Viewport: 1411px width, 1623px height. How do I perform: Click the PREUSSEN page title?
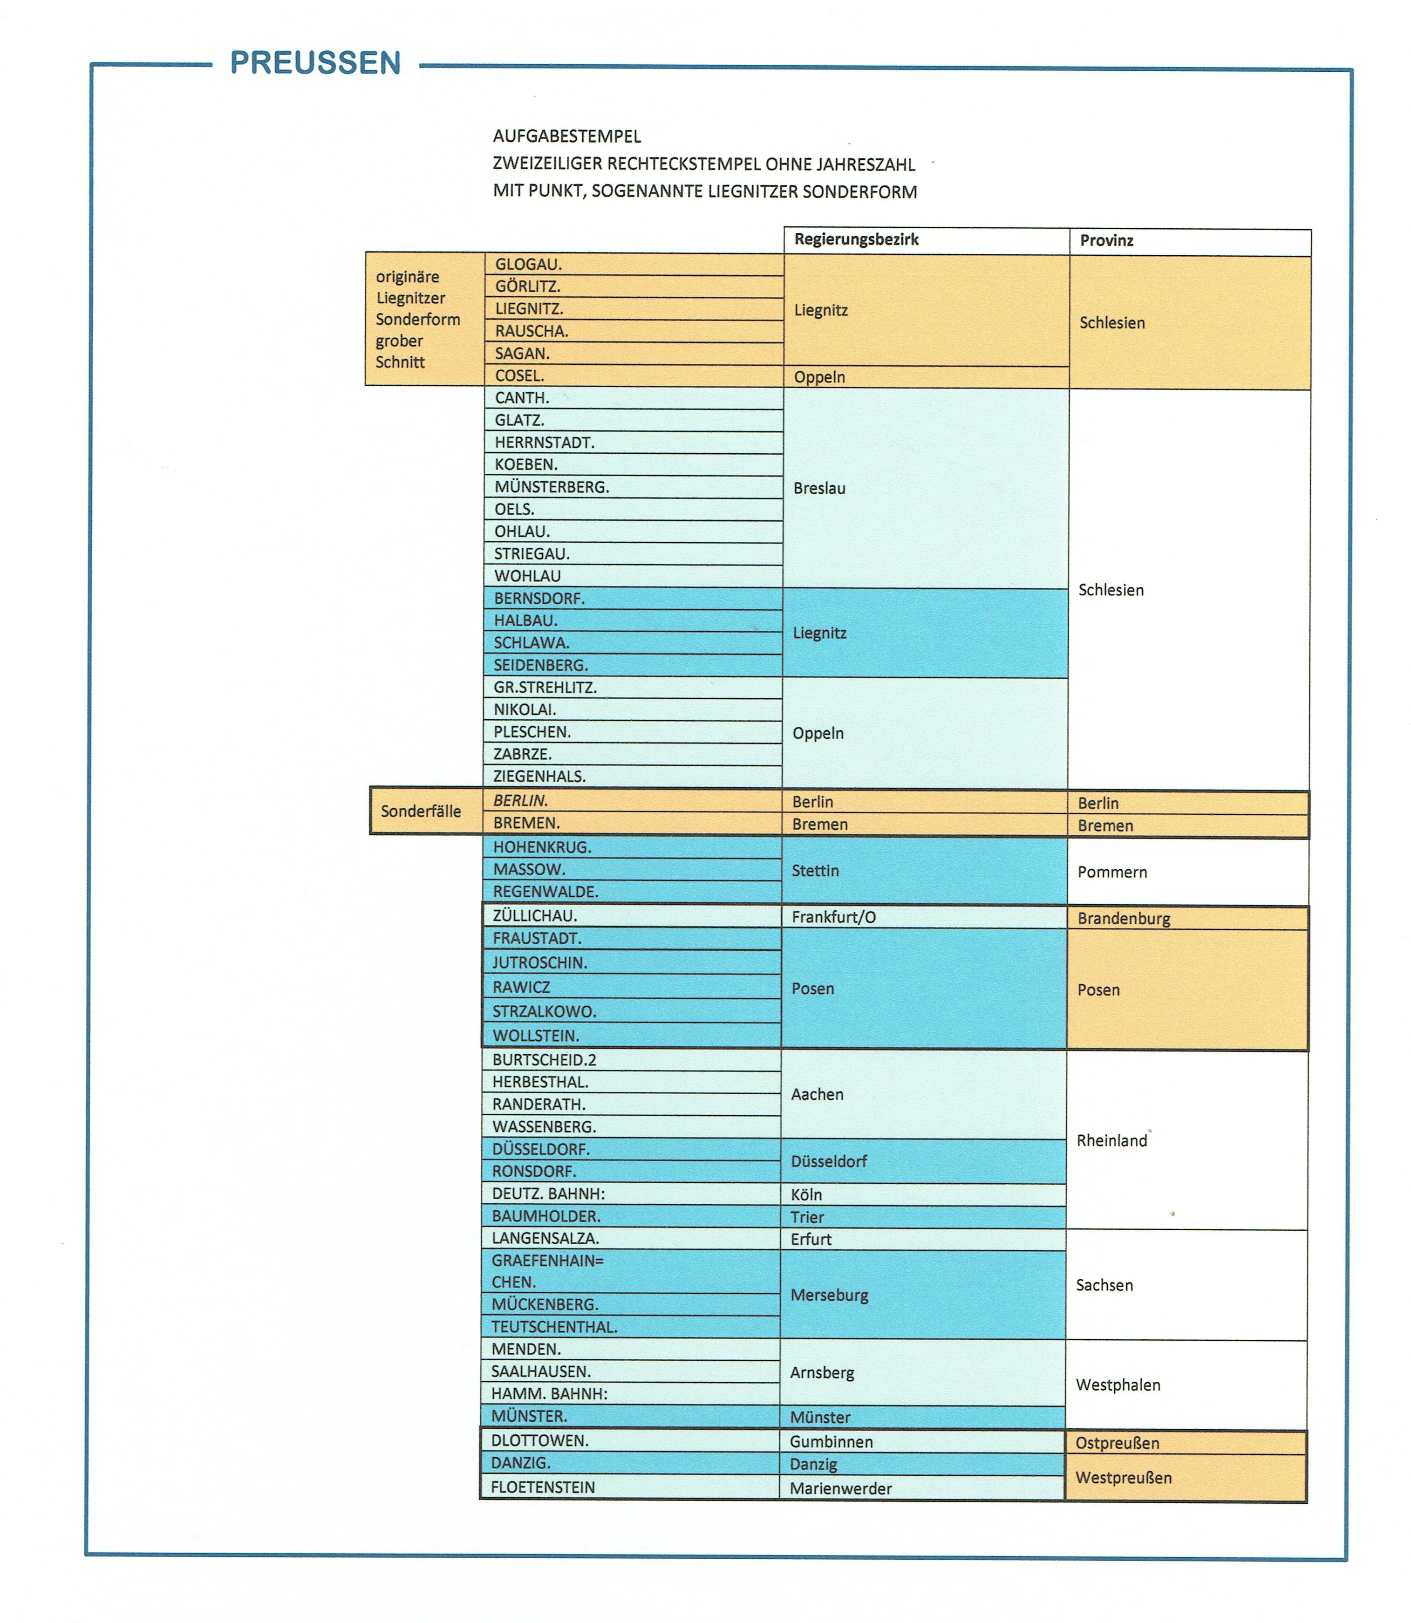315,63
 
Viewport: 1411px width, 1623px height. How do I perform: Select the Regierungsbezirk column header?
856,239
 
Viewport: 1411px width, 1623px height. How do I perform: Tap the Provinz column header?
1106,241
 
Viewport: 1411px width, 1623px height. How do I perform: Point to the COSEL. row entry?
520,375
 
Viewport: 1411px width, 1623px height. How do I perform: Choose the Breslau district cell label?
819,488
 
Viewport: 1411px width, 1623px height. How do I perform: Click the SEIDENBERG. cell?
540,665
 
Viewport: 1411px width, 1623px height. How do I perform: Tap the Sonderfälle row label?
421,811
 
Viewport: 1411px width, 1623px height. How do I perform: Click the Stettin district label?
815,870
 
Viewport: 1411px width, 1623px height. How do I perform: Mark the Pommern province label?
1112,872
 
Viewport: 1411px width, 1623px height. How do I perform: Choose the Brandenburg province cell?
1124,918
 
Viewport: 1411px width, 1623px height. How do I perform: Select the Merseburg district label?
829,1295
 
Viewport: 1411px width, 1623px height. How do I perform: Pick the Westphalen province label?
1118,1385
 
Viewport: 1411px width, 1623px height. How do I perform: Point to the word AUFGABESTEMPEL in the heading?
567,136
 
